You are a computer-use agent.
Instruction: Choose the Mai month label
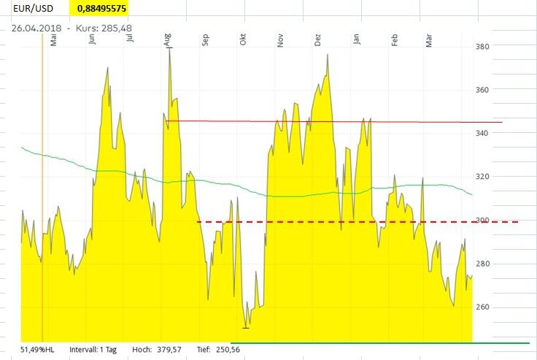54,41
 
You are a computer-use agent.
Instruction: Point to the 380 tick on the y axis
482,47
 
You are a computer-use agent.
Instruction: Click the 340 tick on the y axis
482,133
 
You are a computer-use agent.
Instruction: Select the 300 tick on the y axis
482,220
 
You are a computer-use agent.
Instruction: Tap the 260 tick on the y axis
482,307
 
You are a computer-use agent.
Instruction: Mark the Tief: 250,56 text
217,350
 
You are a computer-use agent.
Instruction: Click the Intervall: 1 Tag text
98,350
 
